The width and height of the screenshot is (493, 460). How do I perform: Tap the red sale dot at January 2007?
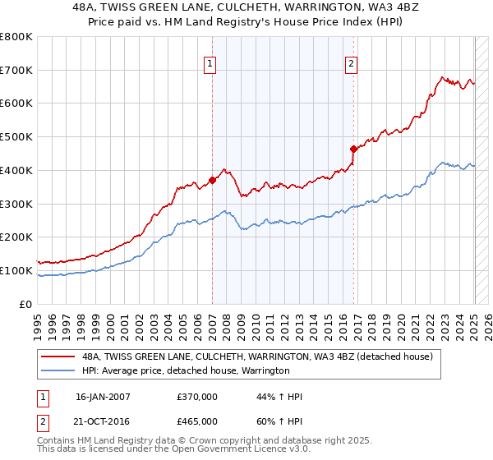tap(212, 180)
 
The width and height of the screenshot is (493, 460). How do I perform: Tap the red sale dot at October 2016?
tap(353, 149)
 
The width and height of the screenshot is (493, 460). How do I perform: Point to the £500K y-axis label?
tap(16, 137)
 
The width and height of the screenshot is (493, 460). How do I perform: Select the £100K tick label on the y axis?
tap(16, 270)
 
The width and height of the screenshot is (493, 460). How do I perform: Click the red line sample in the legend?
tap(58, 356)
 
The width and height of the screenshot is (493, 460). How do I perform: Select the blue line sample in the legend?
tap(58, 371)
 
